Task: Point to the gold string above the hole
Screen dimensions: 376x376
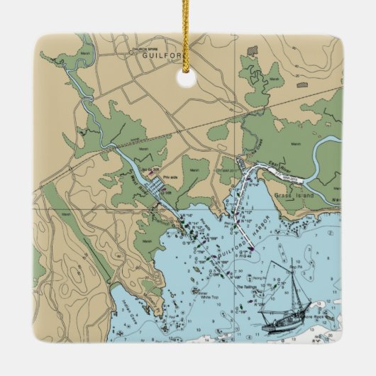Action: (187, 35)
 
